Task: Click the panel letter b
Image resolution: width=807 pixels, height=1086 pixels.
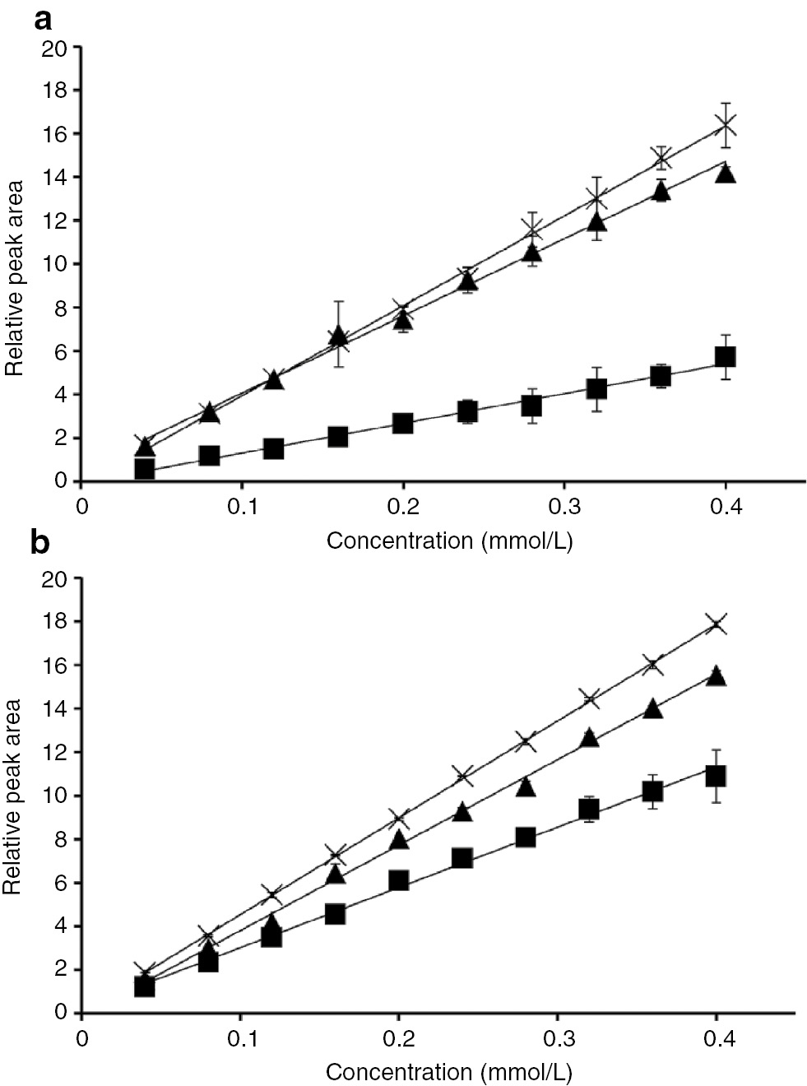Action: point(40,544)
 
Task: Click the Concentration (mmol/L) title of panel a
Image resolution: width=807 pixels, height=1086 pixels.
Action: point(449,541)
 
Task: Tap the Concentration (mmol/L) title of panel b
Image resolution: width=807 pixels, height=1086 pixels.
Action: point(449,1072)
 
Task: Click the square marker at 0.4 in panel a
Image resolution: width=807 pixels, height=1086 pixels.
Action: point(725,356)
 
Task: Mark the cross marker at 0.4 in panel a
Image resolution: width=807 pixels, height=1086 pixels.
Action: point(725,125)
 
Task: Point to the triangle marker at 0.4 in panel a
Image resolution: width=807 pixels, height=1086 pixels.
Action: point(725,173)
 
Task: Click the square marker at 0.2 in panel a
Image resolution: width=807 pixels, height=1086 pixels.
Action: point(402,423)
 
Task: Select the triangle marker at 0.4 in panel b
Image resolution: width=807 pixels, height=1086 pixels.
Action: point(717,675)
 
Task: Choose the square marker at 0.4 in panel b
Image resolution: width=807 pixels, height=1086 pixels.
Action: point(716,776)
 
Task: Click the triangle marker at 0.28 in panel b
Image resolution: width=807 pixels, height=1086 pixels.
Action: point(526,787)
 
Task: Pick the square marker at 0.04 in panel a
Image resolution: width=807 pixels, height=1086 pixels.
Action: point(145,469)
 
